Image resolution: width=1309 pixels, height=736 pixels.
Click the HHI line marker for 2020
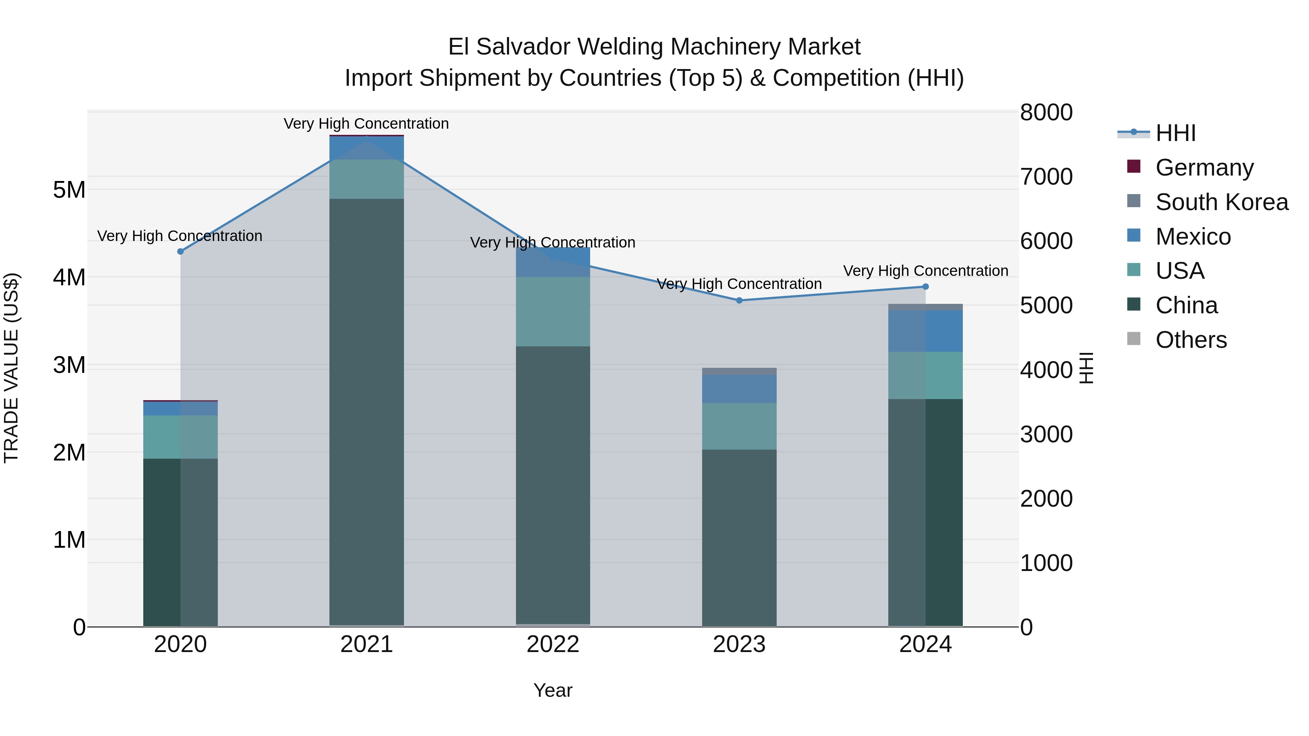(x=180, y=252)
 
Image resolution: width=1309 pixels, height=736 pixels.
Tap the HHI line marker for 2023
(x=739, y=300)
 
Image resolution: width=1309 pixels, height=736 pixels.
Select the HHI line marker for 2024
(x=925, y=286)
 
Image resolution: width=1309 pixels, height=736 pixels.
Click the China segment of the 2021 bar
(x=367, y=411)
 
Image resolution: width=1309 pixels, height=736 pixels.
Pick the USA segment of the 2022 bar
(x=553, y=311)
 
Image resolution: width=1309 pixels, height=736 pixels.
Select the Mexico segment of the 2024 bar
(x=925, y=331)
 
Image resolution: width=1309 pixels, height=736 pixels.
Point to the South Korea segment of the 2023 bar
(x=739, y=371)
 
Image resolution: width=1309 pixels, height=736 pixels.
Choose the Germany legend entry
(x=1204, y=167)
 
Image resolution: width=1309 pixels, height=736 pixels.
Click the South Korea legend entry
(x=1222, y=202)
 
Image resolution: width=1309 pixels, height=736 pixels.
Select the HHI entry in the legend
(x=1175, y=133)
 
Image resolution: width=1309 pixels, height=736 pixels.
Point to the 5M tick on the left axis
(x=69, y=190)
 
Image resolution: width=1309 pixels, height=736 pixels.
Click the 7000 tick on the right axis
(x=1046, y=177)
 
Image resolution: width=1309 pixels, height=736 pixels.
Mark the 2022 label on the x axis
(x=553, y=644)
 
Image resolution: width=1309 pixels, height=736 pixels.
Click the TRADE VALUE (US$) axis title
(x=11, y=368)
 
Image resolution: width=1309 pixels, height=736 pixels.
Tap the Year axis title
(x=553, y=690)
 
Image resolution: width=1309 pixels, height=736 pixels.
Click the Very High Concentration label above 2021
(x=367, y=124)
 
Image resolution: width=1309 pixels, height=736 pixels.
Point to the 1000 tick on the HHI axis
(x=1046, y=563)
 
